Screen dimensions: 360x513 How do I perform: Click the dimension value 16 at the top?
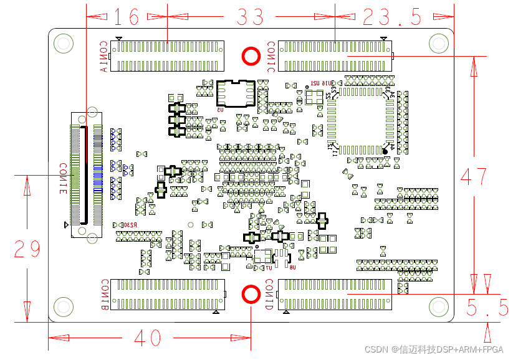click(x=127, y=17)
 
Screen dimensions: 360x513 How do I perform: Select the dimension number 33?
click(x=250, y=17)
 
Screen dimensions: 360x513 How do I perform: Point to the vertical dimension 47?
click(x=474, y=176)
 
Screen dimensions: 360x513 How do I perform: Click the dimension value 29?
click(x=27, y=249)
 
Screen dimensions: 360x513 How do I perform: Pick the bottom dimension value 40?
click(x=148, y=338)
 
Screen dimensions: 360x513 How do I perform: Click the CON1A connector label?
click(x=103, y=57)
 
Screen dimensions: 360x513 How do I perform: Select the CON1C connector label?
click(x=271, y=57)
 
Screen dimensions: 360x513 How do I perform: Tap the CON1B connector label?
click(x=104, y=295)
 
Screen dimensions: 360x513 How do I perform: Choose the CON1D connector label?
click(x=269, y=295)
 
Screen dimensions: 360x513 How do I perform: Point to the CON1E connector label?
click(x=63, y=179)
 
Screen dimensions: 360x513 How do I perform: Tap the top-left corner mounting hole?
click(x=63, y=43)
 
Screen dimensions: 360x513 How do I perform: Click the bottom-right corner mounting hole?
click(x=439, y=306)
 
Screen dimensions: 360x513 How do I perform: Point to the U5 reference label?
click(x=221, y=110)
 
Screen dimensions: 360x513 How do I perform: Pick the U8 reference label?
click(x=292, y=267)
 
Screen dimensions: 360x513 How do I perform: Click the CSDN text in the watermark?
click(x=376, y=349)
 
